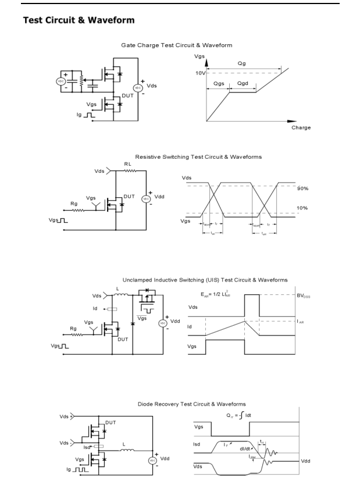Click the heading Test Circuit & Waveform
point(79,20)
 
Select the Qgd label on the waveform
point(243,84)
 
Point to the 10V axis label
point(200,74)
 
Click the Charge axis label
point(301,128)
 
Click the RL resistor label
point(127,164)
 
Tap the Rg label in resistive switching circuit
point(73,203)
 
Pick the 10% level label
point(302,208)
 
